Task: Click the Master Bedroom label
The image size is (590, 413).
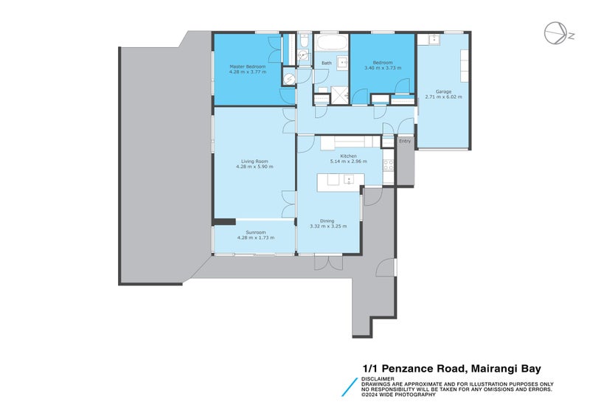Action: [247, 66]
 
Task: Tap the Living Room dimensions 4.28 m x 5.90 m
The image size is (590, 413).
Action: [254, 167]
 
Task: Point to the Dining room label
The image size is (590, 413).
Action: [327, 221]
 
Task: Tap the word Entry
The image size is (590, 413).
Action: [404, 141]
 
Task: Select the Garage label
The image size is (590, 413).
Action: [443, 91]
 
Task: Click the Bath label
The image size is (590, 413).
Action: [326, 63]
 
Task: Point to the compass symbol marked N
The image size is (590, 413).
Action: [555, 33]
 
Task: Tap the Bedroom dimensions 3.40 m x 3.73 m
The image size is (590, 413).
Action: [382, 69]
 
